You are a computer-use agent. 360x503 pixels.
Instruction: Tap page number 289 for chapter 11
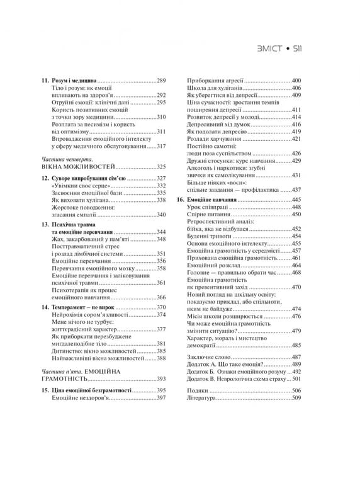pyautogui.click(x=160, y=81)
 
